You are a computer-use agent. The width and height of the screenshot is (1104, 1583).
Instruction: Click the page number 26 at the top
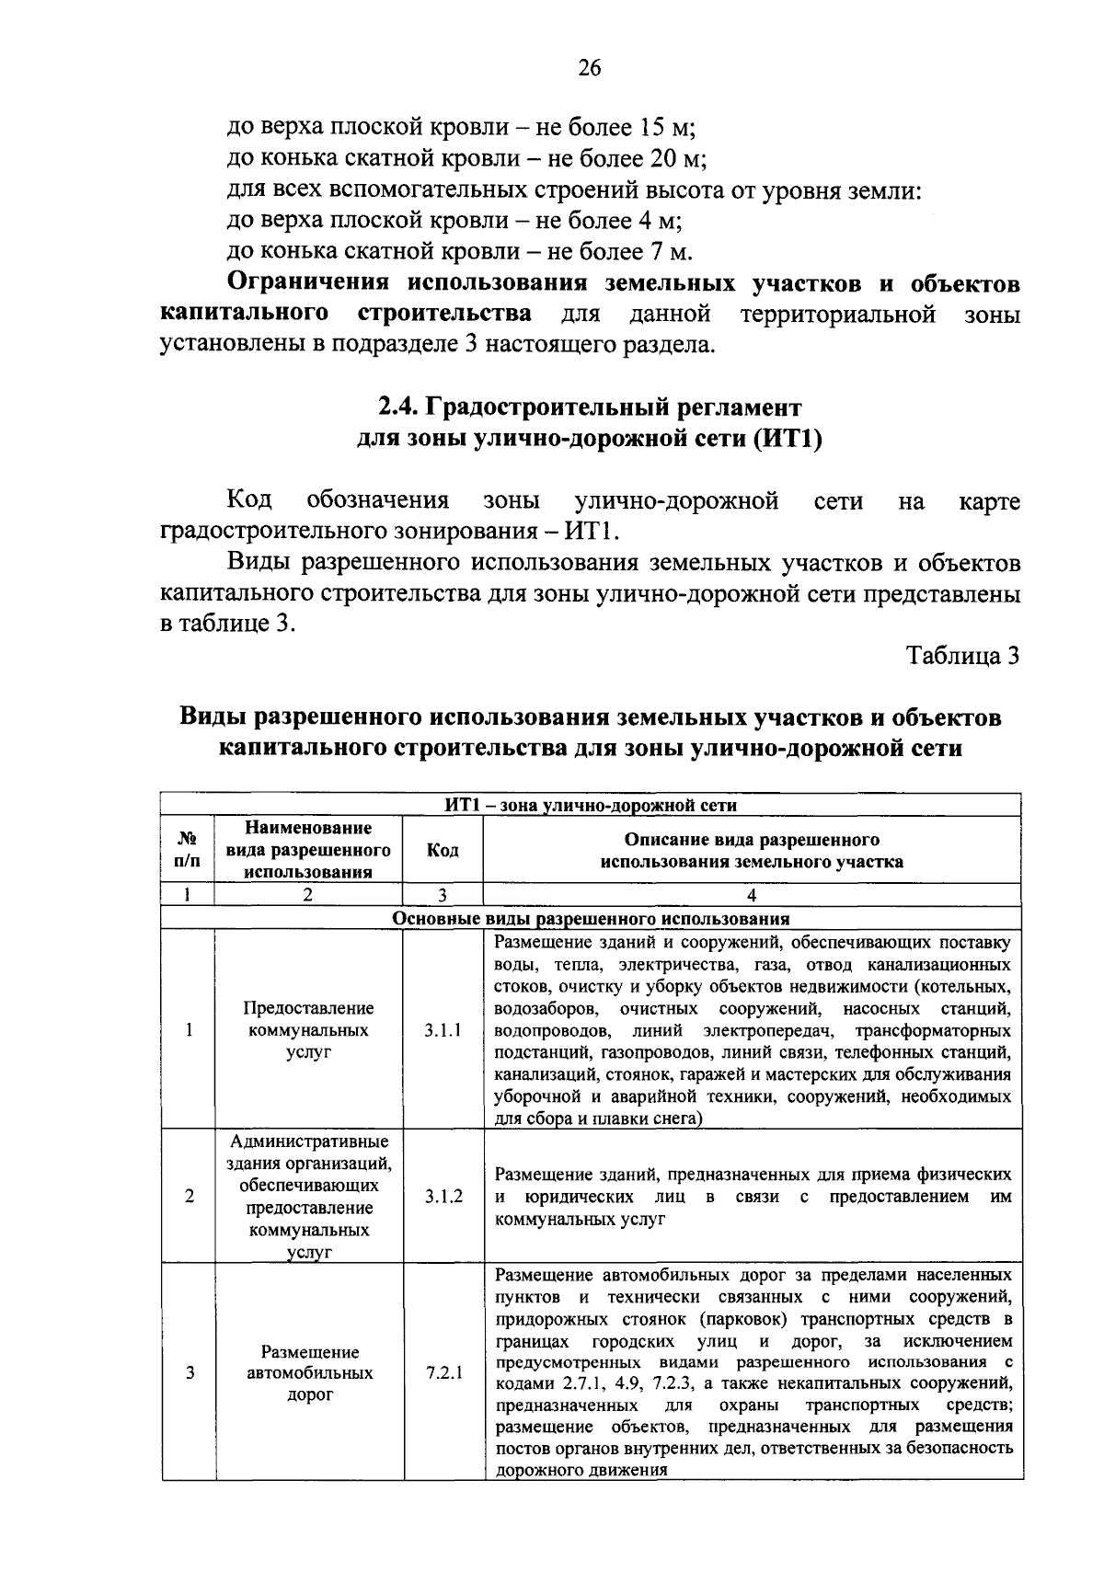(x=590, y=69)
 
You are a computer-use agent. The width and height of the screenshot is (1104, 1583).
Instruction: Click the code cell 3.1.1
(x=443, y=1030)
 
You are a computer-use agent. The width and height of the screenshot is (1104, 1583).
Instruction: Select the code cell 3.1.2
(x=443, y=1197)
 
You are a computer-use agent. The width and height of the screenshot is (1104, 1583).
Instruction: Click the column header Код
(x=443, y=850)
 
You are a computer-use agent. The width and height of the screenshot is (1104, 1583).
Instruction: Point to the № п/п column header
(x=188, y=850)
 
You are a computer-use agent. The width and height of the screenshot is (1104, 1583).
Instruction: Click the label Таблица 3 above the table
(x=963, y=656)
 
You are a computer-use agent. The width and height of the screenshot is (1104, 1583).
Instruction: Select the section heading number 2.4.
(x=399, y=407)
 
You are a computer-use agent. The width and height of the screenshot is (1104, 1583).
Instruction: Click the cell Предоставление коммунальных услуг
(x=308, y=1030)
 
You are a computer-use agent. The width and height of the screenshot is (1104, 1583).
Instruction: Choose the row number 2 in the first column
(x=190, y=1197)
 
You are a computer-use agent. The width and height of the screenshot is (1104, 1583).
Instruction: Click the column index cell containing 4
(x=752, y=894)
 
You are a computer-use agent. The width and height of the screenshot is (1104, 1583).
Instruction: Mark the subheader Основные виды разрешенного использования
(x=591, y=918)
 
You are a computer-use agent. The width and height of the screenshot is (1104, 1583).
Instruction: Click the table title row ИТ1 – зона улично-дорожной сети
(x=591, y=805)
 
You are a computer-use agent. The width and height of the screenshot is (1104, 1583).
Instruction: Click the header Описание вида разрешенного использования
(x=752, y=850)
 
